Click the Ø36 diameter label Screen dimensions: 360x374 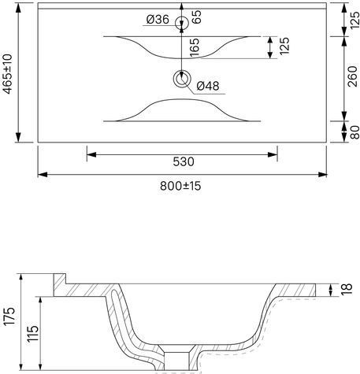[158, 20]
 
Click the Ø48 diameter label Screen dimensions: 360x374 [208, 86]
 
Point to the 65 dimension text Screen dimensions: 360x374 [196, 17]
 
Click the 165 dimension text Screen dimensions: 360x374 [195, 47]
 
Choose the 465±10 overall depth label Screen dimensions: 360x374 [8, 74]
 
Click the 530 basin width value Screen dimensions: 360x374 [184, 161]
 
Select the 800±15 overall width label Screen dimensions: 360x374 [180, 186]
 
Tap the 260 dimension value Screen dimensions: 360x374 [352, 76]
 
